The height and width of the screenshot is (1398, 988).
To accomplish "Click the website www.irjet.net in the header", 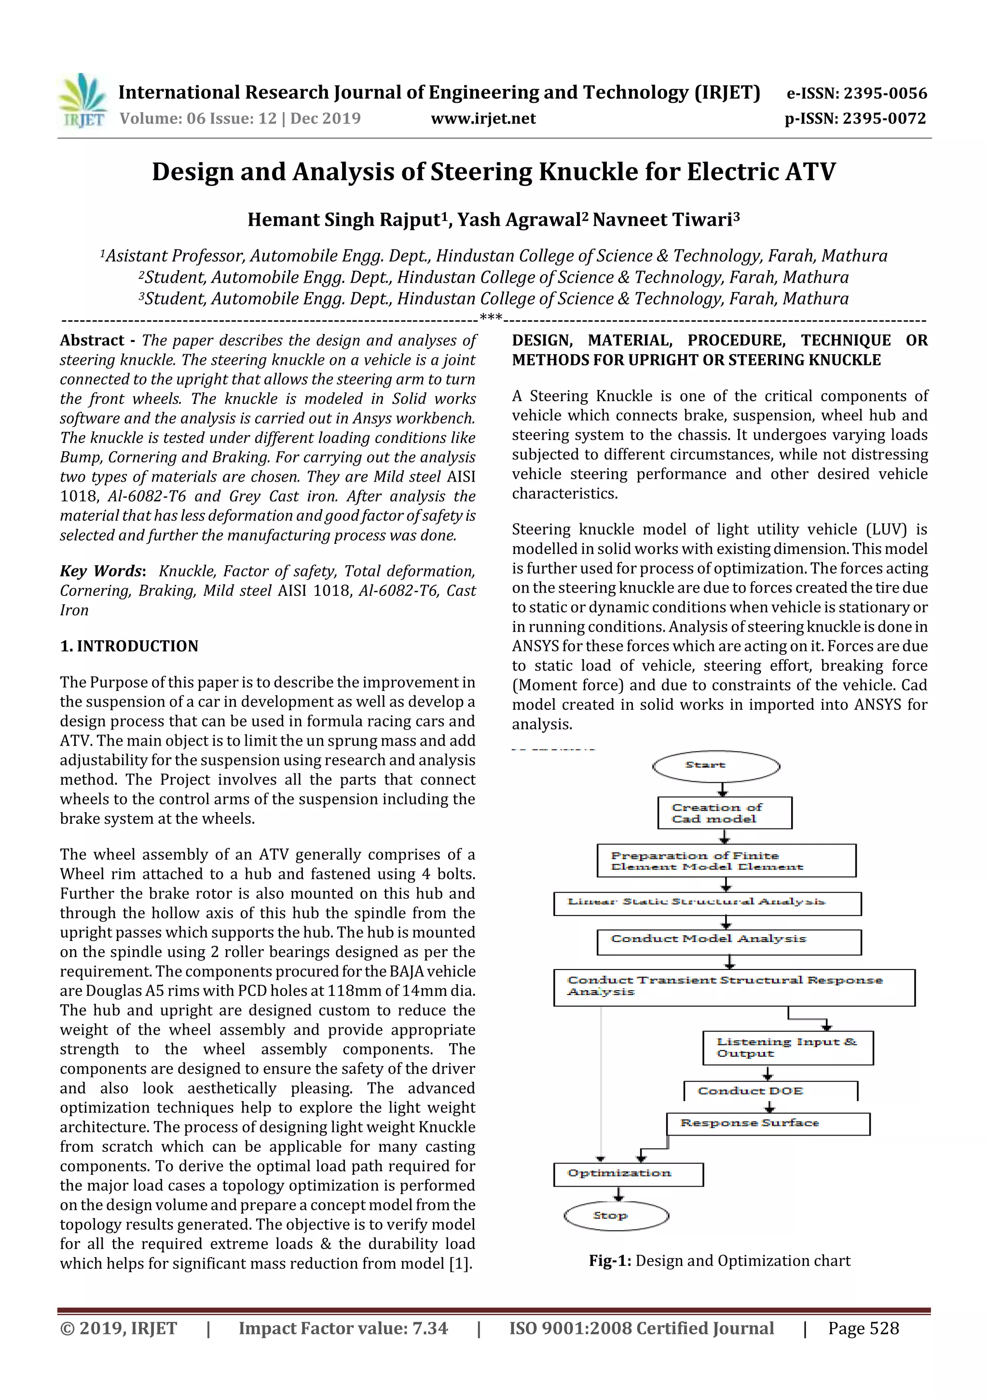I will [483, 118].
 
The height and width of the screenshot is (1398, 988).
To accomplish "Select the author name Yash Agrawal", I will [519, 219].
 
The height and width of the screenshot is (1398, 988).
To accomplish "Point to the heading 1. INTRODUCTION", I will [129, 646].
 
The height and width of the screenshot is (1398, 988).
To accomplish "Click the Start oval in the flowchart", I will [716, 765].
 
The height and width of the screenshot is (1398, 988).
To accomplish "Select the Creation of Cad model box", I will [725, 813].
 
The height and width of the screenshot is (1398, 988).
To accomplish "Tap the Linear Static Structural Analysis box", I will [707, 903].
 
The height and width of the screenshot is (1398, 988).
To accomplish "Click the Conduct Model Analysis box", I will [728, 941].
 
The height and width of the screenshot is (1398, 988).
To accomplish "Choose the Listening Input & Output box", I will [787, 1047].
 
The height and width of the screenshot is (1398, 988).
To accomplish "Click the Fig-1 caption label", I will [610, 1260].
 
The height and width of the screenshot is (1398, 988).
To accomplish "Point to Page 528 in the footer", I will [863, 1328].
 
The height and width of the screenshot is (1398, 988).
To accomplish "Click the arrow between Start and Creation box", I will [723, 789].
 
